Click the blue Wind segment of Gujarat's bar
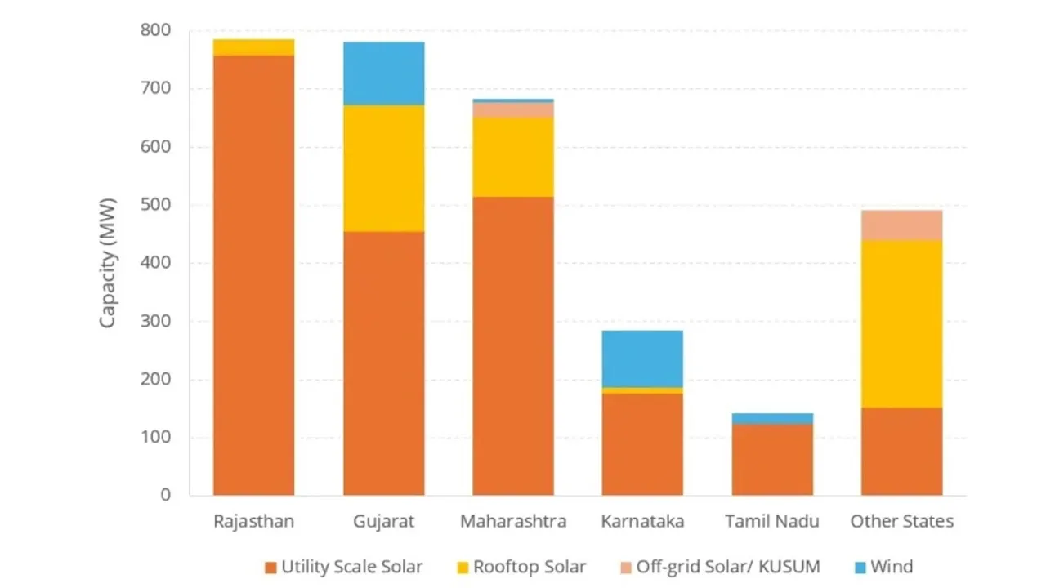pyautogui.click(x=383, y=73)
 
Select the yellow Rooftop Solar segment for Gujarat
pyautogui.click(x=383, y=168)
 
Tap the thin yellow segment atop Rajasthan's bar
pyautogui.click(x=253, y=47)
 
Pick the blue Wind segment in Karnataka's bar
pyautogui.click(x=642, y=359)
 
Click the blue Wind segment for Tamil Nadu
pyautogui.click(x=772, y=418)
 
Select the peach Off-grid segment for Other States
pyautogui.click(x=901, y=225)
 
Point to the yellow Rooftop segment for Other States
pyautogui.click(x=901, y=324)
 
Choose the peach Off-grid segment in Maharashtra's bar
pyautogui.click(x=513, y=109)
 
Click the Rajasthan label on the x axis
pyautogui.click(x=253, y=522)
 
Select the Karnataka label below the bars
pyautogui.click(x=642, y=522)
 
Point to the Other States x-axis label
pyautogui.click(x=901, y=522)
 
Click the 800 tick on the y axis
pyautogui.click(x=157, y=31)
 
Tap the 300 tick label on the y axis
pyautogui.click(x=157, y=322)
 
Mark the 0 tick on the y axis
pyautogui.click(x=166, y=496)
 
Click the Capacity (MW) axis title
pyautogui.click(x=108, y=263)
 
